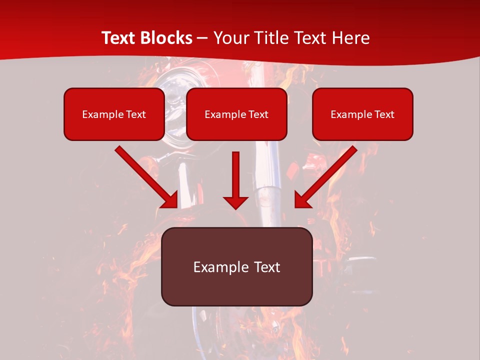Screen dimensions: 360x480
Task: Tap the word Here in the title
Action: [x=351, y=38]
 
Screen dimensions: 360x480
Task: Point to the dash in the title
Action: [x=202, y=38]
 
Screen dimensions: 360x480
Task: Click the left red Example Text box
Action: [x=114, y=114]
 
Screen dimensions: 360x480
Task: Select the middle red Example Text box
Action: [x=236, y=114]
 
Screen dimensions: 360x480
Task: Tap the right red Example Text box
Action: [x=362, y=114]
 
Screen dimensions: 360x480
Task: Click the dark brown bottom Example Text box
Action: [x=236, y=266]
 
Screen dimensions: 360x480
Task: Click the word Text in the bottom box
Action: [x=266, y=267]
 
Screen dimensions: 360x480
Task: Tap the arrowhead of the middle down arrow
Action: [x=235, y=202]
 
